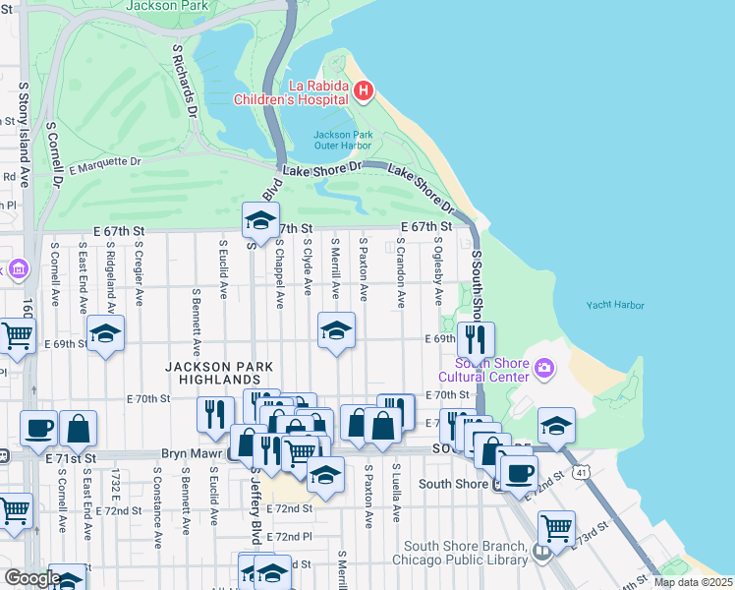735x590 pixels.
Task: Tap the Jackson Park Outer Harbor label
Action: click(x=342, y=140)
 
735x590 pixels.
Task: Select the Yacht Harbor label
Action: click(x=615, y=305)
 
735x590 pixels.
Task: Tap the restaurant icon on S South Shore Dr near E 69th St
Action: click(x=476, y=339)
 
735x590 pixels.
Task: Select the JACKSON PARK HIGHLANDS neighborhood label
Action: click(x=211, y=373)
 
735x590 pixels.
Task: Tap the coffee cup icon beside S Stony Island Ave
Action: click(x=38, y=428)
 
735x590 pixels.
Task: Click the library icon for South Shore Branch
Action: click(x=540, y=553)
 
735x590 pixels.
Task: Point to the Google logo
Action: click(x=32, y=578)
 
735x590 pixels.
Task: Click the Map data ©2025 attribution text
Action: click(x=692, y=582)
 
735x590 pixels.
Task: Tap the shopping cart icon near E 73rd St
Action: click(x=557, y=527)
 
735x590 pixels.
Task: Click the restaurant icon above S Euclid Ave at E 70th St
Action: click(x=215, y=413)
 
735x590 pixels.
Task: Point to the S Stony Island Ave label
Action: click(x=23, y=134)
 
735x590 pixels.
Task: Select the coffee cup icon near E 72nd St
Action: click(x=518, y=472)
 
